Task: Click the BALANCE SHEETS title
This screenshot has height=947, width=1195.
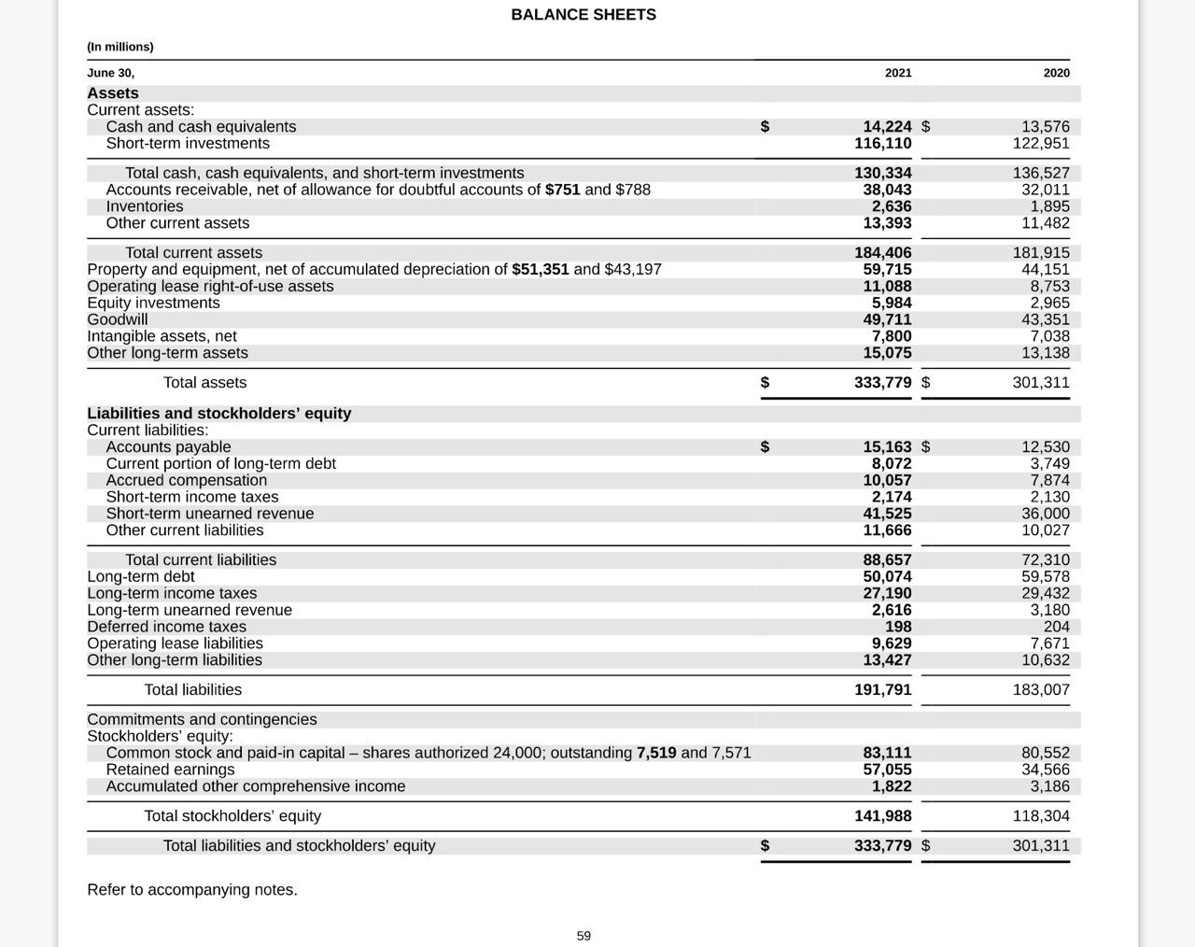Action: click(583, 15)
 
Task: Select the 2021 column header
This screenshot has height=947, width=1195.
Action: click(898, 73)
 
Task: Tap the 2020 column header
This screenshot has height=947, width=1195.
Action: click(1056, 73)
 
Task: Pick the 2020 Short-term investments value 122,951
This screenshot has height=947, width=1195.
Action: click(1041, 144)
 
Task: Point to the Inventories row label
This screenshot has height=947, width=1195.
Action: click(145, 206)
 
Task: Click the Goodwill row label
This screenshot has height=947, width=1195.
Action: click(118, 319)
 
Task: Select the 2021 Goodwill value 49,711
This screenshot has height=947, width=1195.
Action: click(887, 319)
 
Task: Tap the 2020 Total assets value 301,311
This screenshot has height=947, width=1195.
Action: click(1041, 383)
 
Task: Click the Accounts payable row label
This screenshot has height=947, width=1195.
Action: click(168, 447)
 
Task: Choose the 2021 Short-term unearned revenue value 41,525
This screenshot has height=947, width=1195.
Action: click(887, 514)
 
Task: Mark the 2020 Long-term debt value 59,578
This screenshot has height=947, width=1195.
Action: click(1046, 577)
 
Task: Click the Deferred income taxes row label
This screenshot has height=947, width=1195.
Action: click(167, 627)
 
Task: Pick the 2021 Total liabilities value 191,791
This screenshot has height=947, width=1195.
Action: click(883, 690)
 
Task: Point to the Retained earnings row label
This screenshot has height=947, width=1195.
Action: click(171, 770)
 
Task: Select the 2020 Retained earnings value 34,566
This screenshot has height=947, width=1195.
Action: click(1046, 770)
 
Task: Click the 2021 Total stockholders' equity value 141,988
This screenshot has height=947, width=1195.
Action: click(883, 816)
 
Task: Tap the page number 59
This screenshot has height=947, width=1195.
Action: click(583, 936)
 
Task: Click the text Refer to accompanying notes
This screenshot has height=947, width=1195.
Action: click(192, 890)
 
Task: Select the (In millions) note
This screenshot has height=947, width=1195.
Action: click(120, 47)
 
